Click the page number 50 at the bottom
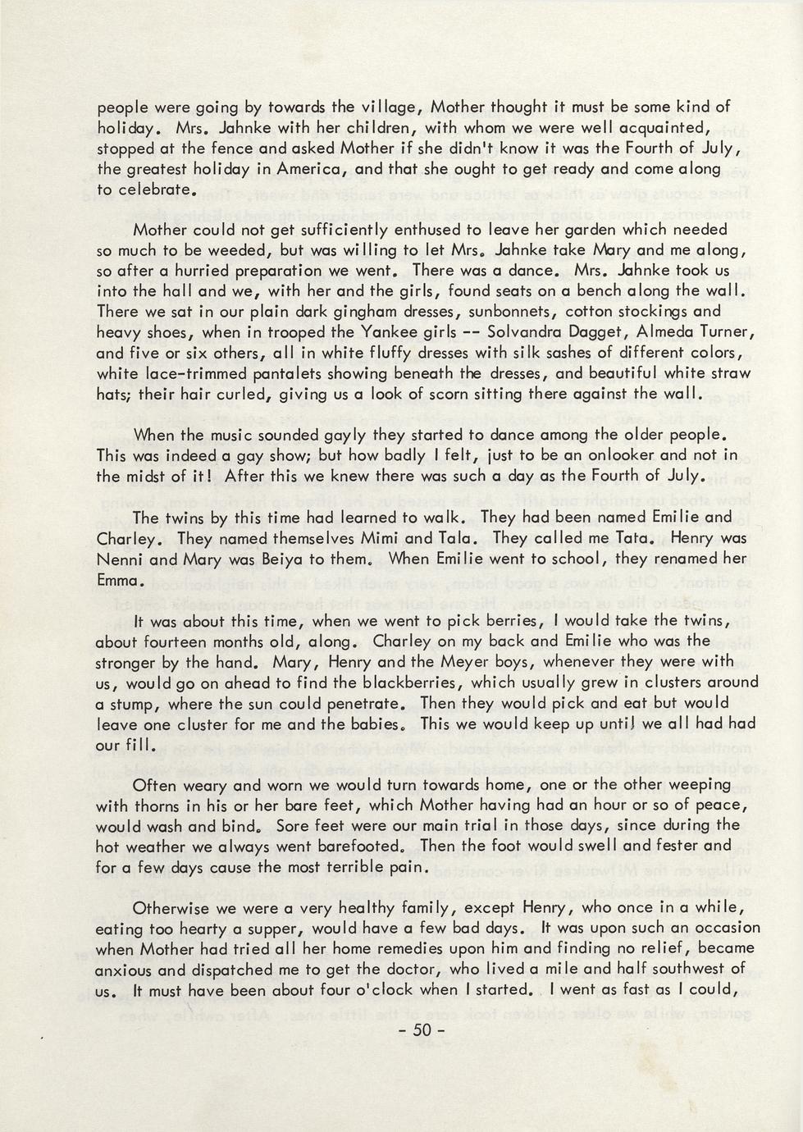[x=422, y=1031]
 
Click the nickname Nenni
[x=121, y=559]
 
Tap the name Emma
[x=121, y=580]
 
